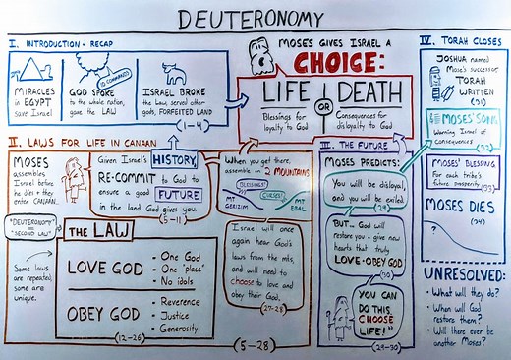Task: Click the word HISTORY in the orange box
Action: (x=174, y=159)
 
